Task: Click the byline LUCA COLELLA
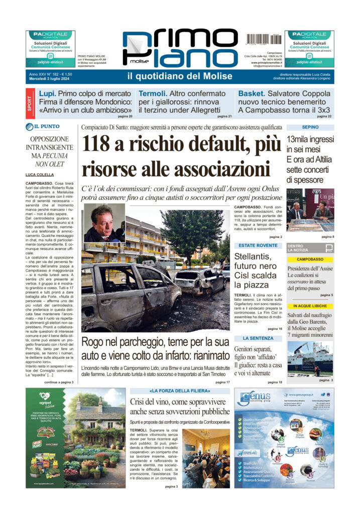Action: click(41, 174)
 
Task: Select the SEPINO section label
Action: click(309, 127)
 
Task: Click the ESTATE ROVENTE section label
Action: click(258, 245)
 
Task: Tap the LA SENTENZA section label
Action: click(258, 338)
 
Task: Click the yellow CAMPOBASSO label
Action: click(310, 259)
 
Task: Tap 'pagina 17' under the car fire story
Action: click(222, 382)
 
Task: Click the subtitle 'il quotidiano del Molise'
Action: click(179, 76)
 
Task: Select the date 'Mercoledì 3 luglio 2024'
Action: click(51, 79)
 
